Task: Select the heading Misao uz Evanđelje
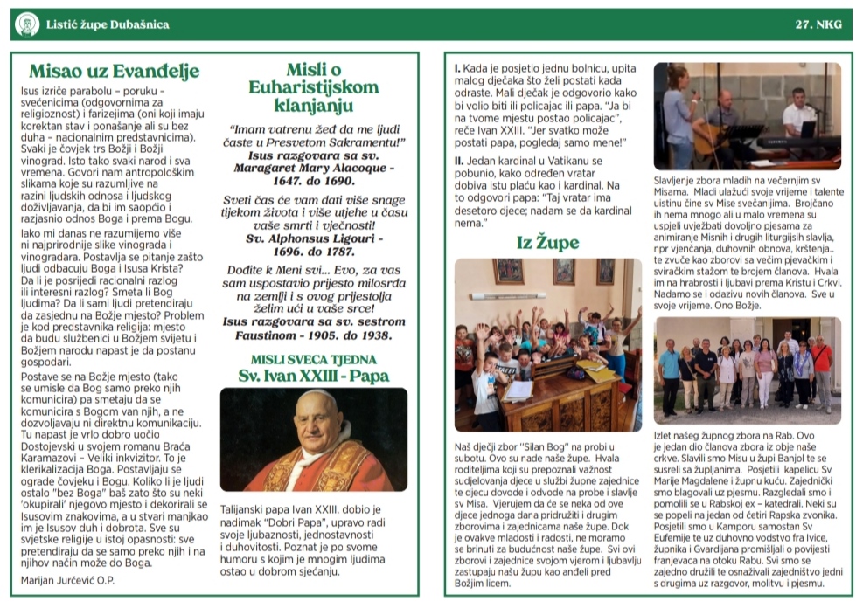click(114, 71)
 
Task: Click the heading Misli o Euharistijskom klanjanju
click(313, 87)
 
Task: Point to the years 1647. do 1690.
click(313, 180)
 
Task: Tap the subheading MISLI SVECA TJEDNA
click(313, 359)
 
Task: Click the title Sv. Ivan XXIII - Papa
click(313, 376)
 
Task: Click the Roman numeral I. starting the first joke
click(457, 67)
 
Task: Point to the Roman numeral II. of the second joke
click(459, 162)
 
